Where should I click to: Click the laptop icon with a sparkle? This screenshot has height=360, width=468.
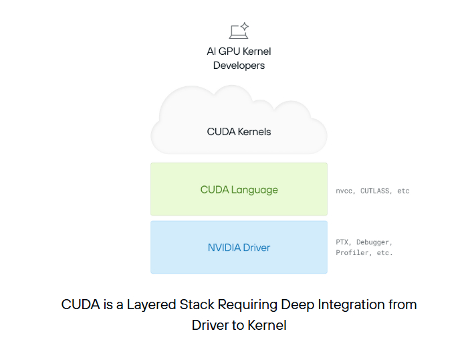click(238, 31)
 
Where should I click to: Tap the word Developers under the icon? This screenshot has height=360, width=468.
click(239, 66)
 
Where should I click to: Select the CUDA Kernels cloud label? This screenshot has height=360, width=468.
click(239, 132)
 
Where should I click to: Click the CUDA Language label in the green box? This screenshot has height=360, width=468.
click(239, 190)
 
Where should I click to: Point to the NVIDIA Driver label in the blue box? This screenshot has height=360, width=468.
click(239, 248)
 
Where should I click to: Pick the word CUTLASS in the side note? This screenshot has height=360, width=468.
click(375, 191)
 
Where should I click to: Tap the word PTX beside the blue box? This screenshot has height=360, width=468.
click(343, 242)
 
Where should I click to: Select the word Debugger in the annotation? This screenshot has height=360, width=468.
click(374, 242)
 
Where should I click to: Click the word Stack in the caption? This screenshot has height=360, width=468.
click(199, 304)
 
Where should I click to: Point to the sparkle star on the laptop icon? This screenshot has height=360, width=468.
click(245, 27)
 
